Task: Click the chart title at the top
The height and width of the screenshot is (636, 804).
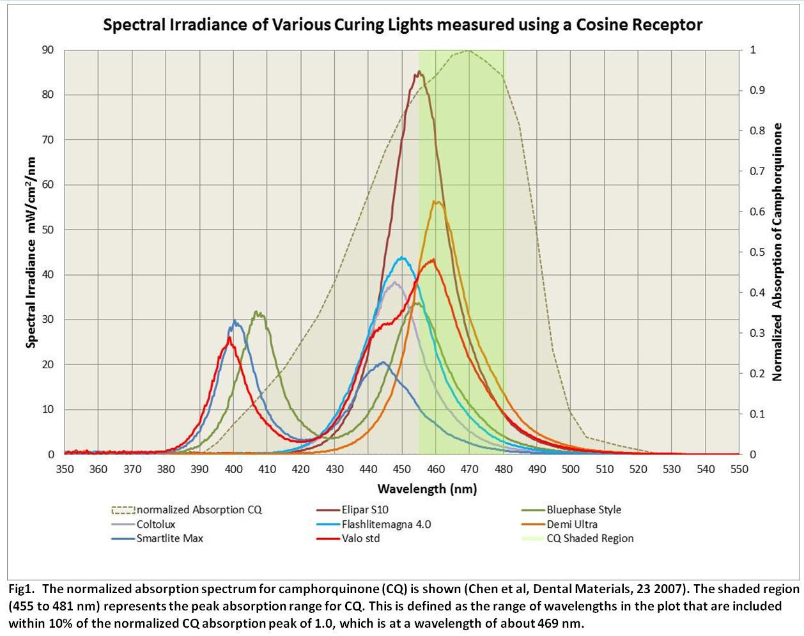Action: point(403,25)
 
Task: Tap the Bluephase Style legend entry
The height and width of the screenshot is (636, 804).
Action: point(584,510)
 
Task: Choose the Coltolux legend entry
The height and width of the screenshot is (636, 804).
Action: point(155,524)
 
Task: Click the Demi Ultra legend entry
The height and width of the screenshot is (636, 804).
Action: point(572,524)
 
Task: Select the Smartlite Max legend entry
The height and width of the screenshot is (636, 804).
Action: point(169,538)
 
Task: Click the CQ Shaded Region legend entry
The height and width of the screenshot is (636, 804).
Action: point(590,538)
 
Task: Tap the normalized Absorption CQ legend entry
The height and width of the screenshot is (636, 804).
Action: point(199,510)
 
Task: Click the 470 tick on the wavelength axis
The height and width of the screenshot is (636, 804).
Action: point(470,469)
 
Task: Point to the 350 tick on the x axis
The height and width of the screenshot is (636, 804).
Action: point(65,469)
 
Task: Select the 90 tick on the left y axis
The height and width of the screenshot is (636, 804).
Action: point(48,50)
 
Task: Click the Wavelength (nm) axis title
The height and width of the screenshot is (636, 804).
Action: point(427,490)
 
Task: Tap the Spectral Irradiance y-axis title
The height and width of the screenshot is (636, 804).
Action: point(31,252)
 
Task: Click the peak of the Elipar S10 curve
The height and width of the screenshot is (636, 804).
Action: point(419,72)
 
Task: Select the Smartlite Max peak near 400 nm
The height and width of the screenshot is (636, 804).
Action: point(235,322)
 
